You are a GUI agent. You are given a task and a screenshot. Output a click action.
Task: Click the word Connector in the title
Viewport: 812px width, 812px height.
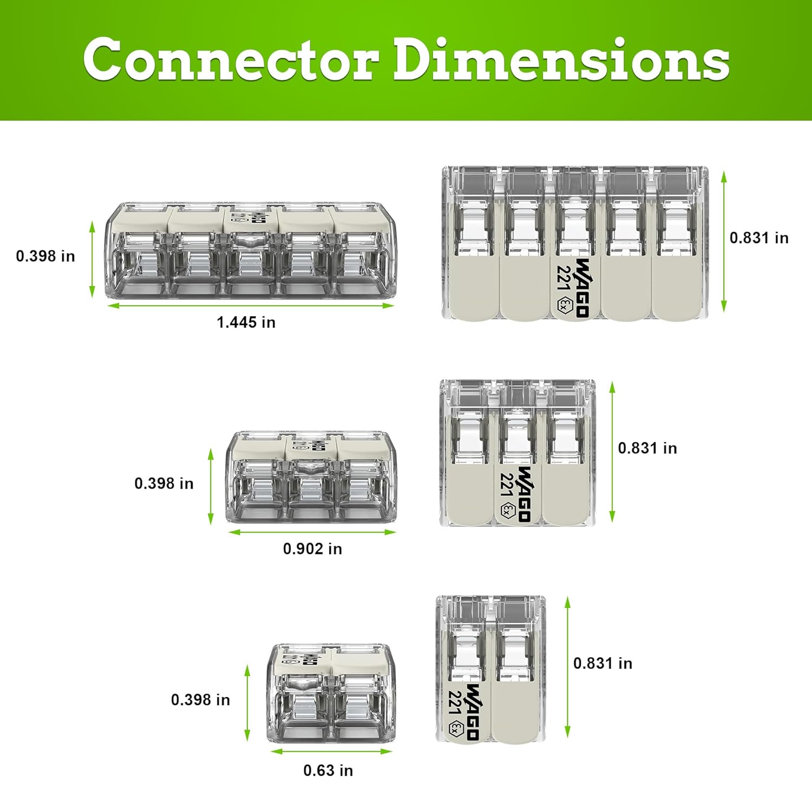pos(231,59)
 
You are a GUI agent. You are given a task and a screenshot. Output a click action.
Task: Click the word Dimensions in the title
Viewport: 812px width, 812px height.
pos(561,59)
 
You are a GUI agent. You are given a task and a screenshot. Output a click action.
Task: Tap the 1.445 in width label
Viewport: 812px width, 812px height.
pos(246,323)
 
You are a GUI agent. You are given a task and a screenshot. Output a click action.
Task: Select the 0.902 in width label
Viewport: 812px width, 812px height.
pos(312,549)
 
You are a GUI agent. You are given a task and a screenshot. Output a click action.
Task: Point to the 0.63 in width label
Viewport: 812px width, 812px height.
pos(328,770)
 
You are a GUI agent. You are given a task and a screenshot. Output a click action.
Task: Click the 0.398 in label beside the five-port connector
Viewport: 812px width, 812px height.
pos(45,256)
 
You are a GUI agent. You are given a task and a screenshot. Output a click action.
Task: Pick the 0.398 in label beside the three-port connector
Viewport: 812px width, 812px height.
pos(164,483)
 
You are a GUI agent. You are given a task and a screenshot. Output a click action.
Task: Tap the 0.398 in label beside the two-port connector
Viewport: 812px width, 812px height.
pos(200,700)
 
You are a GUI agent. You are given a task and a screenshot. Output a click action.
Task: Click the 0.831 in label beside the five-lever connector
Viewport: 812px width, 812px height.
pos(759,238)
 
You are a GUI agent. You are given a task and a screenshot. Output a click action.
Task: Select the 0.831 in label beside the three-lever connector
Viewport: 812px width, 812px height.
pos(647,448)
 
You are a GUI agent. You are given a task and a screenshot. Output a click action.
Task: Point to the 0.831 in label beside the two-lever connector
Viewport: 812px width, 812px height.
pos(603,663)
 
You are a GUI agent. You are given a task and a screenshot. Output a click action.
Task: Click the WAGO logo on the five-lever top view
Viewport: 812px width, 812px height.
pos(582,287)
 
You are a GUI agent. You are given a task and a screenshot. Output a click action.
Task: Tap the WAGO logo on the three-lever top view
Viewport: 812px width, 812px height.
pos(523,493)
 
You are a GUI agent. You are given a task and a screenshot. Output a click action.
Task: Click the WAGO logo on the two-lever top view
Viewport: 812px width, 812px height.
pos(472,711)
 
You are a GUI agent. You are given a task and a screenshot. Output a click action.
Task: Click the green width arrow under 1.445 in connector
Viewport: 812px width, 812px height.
pos(251,306)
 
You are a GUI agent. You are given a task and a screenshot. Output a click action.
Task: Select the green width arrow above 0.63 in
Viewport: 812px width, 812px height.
pos(331,751)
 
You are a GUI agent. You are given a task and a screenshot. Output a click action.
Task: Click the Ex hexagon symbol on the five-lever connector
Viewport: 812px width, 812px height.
pos(564,305)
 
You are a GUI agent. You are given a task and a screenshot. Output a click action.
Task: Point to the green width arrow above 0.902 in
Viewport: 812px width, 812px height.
pos(312,532)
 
